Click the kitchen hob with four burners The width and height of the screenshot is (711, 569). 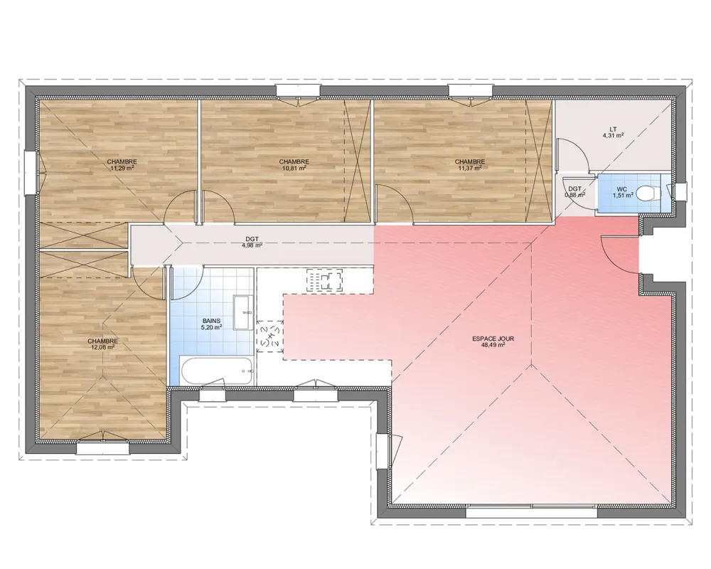pos(326,280)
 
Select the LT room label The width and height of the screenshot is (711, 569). pos(613,129)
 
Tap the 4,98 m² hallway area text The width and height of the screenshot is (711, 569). pos(252,246)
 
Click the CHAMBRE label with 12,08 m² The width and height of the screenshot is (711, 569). pos(102,341)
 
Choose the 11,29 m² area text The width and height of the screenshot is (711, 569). pos(122,169)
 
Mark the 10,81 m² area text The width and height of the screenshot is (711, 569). pos(294,169)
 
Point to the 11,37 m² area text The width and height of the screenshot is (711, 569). pos(470,169)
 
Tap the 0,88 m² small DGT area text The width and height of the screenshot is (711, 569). pos(574,195)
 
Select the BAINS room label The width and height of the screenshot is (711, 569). pos(212,321)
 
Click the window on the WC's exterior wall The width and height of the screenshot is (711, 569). pos(679,192)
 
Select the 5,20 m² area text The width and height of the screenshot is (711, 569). pos(212,328)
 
